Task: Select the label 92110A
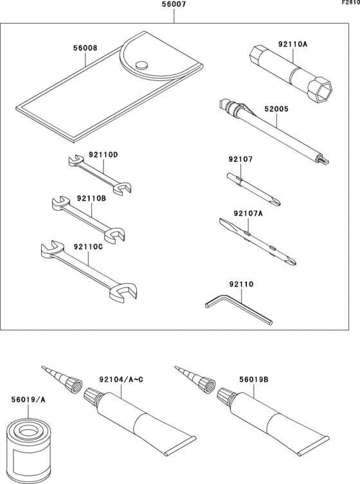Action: coord(292,44)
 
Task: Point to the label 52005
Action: coord(277,109)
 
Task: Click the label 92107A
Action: coord(249,213)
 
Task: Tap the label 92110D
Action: coord(104,154)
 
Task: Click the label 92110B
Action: coord(91,199)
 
